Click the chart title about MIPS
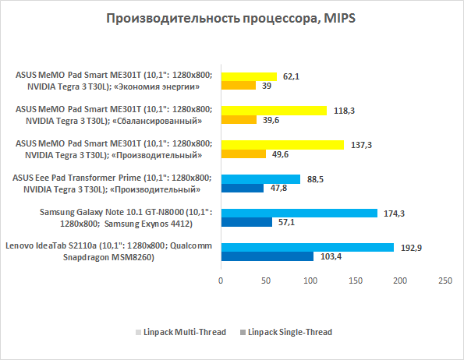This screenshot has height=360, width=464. click(231, 19)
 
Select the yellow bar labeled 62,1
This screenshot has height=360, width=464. click(250, 76)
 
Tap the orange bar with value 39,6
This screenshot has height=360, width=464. click(239, 120)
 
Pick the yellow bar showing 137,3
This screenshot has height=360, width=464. click(282, 145)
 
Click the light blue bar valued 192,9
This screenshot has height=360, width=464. click(307, 247)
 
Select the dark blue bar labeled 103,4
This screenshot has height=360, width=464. click(267, 256)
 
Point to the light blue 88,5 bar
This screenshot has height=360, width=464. click(260, 179)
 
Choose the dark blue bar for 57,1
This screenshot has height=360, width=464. click(246, 222)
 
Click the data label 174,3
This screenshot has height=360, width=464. click(394, 214)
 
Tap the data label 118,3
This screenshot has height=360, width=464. click(344, 111)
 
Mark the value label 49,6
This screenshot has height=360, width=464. click(280, 154)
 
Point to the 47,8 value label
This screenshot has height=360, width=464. click(278, 188)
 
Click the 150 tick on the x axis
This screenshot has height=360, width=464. click(356, 281)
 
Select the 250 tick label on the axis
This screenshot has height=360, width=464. click(445, 281)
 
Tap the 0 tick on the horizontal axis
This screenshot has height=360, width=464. click(221, 281)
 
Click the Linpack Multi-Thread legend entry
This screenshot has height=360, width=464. click(181, 332)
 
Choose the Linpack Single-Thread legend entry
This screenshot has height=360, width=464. click(286, 332)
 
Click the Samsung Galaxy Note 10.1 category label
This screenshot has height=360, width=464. click(126, 218)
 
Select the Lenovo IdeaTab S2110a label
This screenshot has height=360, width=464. click(108, 252)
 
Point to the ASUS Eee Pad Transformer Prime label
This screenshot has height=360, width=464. click(112, 184)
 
